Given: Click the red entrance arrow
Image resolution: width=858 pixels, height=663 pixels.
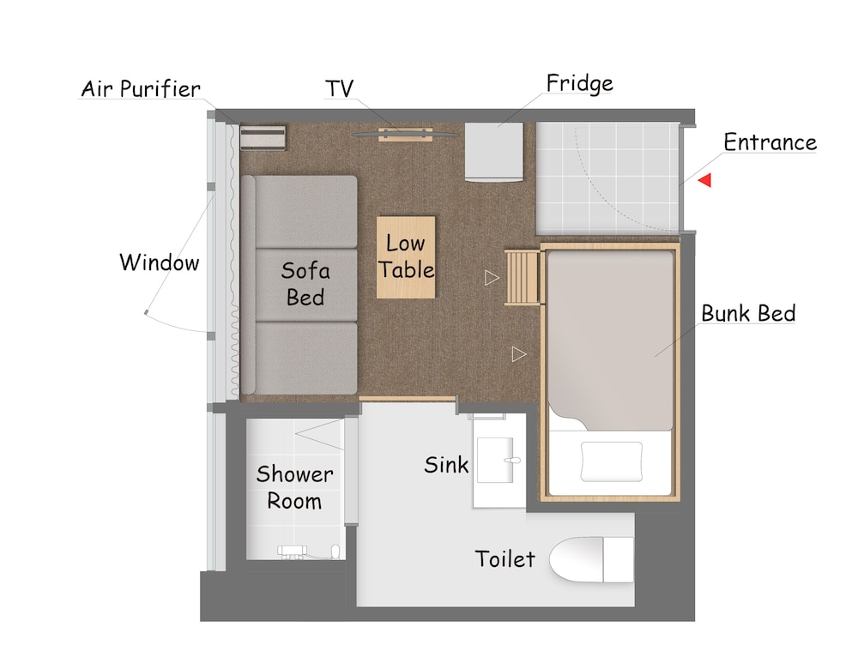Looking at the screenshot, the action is (704, 180).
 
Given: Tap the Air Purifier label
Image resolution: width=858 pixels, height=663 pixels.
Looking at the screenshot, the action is (141, 88).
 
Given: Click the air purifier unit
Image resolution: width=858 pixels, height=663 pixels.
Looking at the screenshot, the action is (263, 138).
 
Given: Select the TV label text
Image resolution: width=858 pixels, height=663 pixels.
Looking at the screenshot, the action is (339, 88).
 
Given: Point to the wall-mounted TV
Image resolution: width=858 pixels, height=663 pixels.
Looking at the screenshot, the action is (406, 134).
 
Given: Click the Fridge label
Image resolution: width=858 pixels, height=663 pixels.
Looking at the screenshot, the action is (579, 83).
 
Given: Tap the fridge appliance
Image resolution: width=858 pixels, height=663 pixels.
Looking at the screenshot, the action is (493, 152).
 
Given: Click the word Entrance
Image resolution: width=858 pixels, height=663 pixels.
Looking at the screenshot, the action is (770, 142).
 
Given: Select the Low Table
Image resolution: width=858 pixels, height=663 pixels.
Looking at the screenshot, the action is (406, 257).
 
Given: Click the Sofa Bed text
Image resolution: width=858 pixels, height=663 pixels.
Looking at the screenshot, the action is (305, 284).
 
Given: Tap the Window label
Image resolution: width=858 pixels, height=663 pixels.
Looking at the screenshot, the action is (160, 262).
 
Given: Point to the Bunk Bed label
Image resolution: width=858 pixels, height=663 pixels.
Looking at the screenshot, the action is (748, 313).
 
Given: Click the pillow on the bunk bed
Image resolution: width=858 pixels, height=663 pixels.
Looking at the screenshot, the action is (611, 461).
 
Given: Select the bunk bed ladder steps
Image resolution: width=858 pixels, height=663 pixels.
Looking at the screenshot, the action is (523, 277).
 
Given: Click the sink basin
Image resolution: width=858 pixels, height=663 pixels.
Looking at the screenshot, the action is (495, 460).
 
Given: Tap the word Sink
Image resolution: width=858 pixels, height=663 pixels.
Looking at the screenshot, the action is (446, 465).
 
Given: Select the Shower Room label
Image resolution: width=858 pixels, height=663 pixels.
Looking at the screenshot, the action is (294, 487).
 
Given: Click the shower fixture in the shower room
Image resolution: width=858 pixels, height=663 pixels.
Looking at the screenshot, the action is (309, 551).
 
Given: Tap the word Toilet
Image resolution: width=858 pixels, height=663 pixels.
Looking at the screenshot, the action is (505, 559).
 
